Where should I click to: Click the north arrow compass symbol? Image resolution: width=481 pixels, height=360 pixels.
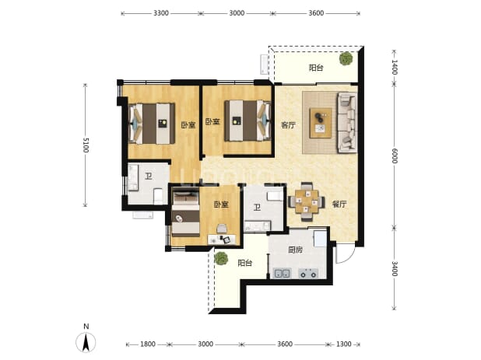coord(86,341)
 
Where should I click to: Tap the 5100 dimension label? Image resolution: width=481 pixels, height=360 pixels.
coord(86,145)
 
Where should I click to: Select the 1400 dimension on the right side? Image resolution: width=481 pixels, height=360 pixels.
coord(395,67)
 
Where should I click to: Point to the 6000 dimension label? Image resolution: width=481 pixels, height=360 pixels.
coord(395,156)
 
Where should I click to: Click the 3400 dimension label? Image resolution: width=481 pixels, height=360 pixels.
coord(395,269)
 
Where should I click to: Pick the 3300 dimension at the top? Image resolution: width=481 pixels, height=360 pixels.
coord(161,13)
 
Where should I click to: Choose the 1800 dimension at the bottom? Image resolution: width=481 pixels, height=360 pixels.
coord(148,344)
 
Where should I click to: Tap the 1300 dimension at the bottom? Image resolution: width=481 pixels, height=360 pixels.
coord(343,344)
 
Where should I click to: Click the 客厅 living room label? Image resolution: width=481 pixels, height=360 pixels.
coord(288,125)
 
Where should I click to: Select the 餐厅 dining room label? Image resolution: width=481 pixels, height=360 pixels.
coord(339,204)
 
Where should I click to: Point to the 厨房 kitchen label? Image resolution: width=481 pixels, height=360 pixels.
coord(296,250)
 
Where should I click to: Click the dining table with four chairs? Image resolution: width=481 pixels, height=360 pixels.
coord(307,201)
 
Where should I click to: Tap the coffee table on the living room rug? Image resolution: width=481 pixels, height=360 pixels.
coord(321,123)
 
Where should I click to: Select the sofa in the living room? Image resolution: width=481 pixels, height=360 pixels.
coord(347,123)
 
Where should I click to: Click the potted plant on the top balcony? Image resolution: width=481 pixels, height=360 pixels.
coord(346,58)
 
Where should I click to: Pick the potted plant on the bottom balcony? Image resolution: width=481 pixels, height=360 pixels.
coord(221,258)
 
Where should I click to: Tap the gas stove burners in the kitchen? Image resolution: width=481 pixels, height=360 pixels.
coord(308,273)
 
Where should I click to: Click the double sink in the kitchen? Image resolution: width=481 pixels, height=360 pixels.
coord(282,273)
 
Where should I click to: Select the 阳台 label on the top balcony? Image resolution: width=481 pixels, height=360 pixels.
coord(316,68)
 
